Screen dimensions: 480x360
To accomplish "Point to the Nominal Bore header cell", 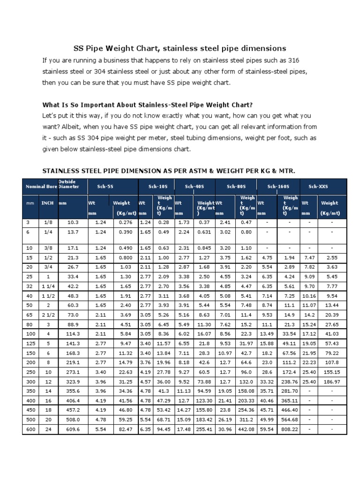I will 39,186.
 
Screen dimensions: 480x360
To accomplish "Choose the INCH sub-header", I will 47,203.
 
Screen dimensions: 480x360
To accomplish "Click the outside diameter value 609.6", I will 72,428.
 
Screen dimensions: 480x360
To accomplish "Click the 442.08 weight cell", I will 247,428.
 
